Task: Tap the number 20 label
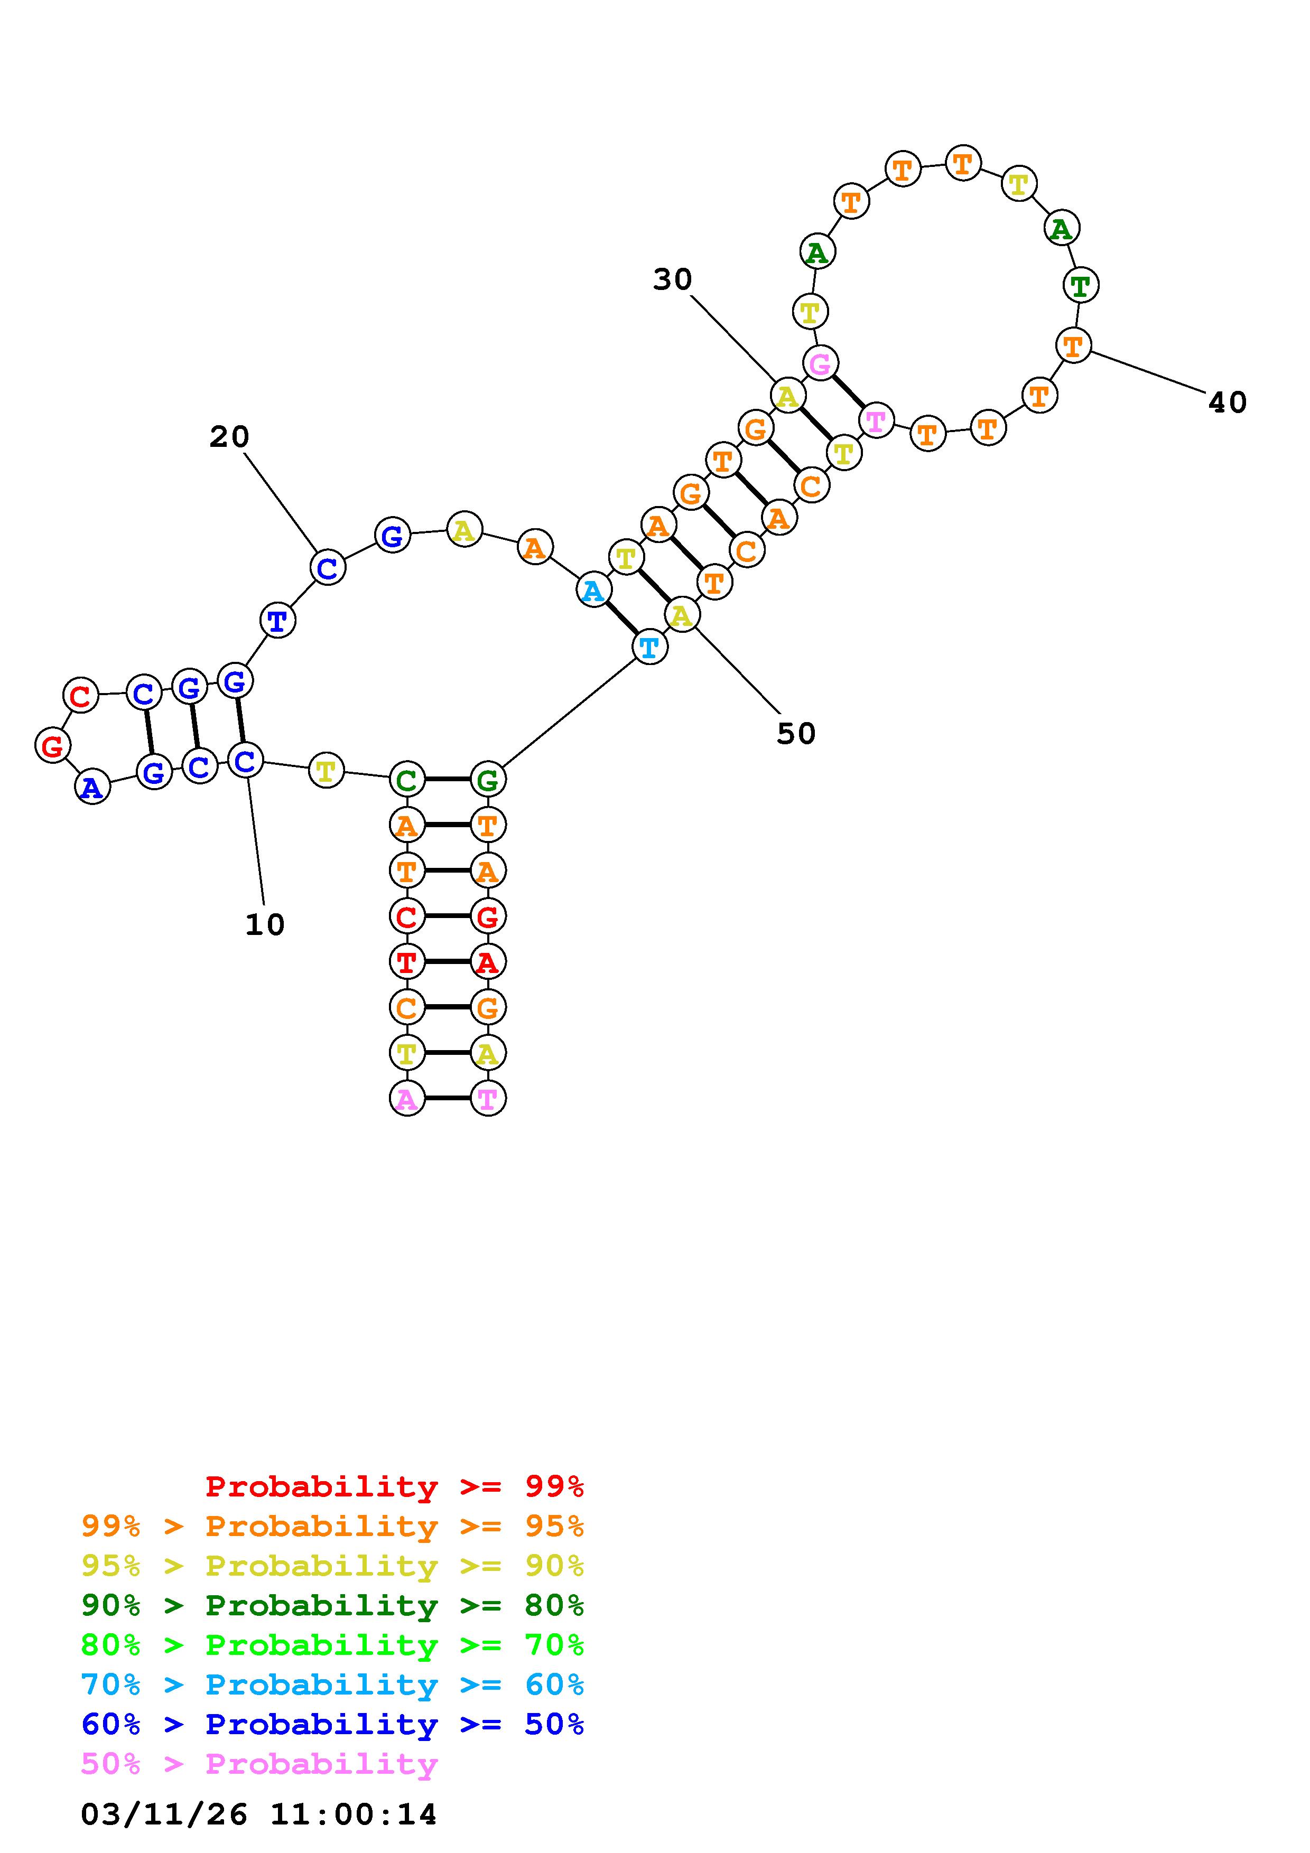click(x=229, y=437)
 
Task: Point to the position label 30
click(x=672, y=280)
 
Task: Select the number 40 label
click(x=1227, y=403)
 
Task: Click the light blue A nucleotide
click(x=593, y=591)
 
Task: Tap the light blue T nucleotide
click(x=650, y=647)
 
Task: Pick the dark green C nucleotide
click(x=407, y=780)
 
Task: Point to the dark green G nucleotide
click(x=488, y=780)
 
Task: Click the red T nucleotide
click(x=407, y=962)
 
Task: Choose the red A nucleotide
click(x=488, y=962)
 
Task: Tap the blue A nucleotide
click(x=93, y=787)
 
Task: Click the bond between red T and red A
click(x=447, y=962)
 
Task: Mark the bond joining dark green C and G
click(x=447, y=780)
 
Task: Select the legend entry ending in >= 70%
click(x=332, y=1645)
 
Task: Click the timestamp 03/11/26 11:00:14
click(x=258, y=1814)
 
